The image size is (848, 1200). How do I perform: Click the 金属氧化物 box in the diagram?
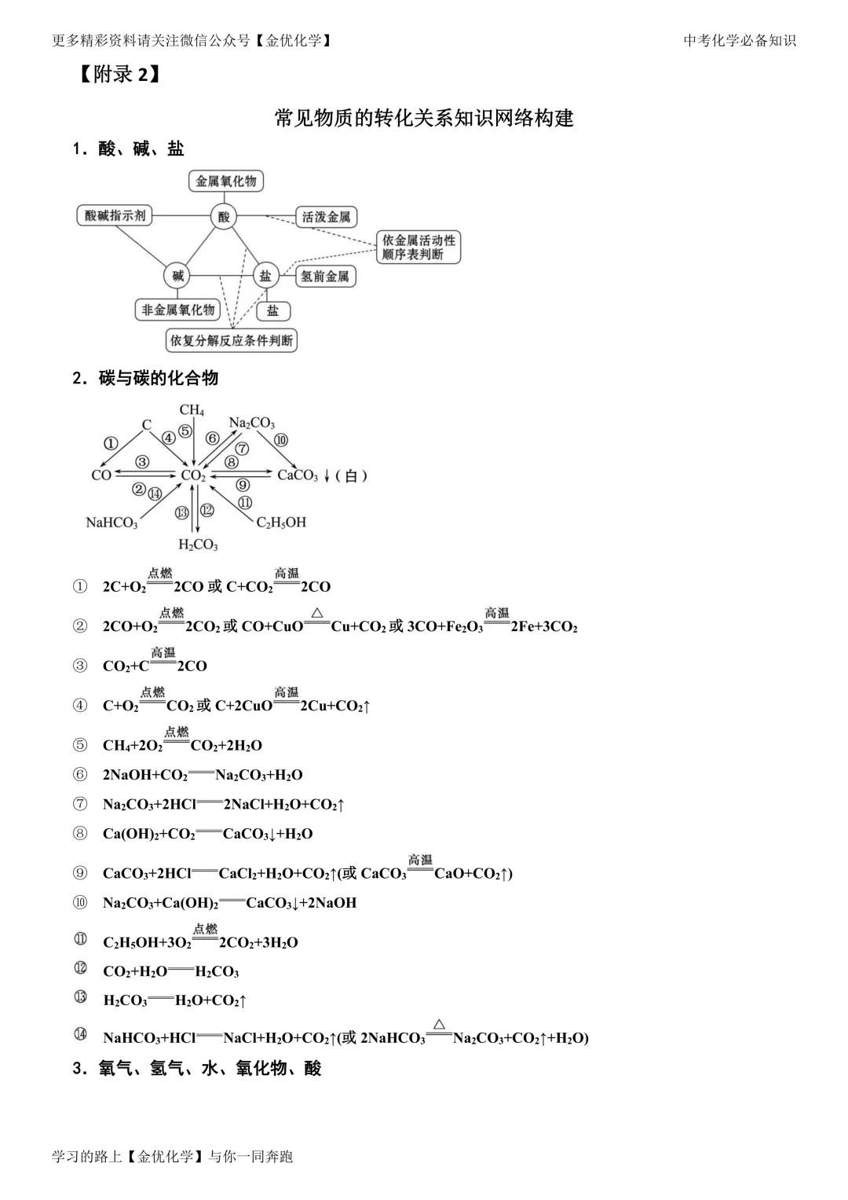pyautogui.click(x=226, y=181)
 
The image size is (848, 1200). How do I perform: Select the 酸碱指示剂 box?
pyautogui.click(x=115, y=215)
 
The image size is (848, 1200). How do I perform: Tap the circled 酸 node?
pyautogui.click(x=225, y=216)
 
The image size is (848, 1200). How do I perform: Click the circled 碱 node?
pyautogui.click(x=178, y=276)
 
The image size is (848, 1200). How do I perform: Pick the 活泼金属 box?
pyautogui.click(x=327, y=217)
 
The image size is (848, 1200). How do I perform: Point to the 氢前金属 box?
pyautogui.click(x=325, y=277)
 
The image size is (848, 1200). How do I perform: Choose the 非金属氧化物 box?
pyautogui.click(x=178, y=310)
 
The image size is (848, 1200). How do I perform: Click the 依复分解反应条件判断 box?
pyautogui.click(x=232, y=340)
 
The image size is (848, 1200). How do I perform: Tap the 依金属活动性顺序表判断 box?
pyautogui.click(x=419, y=247)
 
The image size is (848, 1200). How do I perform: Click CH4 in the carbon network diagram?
pyautogui.click(x=192, y=409)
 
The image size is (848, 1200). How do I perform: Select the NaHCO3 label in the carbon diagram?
pyautogui.click(x=111, y=523)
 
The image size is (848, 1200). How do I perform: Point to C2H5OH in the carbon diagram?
pyautogui.click(x=281, y=523)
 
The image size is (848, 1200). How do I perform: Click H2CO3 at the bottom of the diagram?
pyautogui.click(x=198, y=545)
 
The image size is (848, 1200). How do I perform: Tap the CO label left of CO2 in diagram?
pyautogui.click(x=101, y=475)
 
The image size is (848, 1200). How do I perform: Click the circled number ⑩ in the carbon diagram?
pyautogui.click(x=280, y=440)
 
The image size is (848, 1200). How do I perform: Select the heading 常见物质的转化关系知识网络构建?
pyautogui.click(x=424, y=118)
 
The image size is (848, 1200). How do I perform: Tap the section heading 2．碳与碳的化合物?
pyautogui.click(x=145, y=378)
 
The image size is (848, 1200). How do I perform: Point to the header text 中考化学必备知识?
pyautogui.click(x=740, y=41)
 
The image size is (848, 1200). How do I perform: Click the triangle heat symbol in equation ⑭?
pyautogui.click(x=439, y=1024)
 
